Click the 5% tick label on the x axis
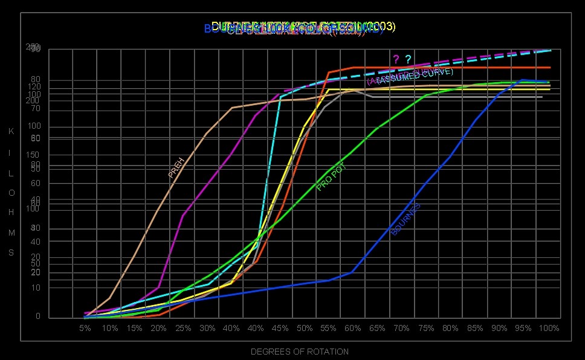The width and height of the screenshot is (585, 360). [85, 328]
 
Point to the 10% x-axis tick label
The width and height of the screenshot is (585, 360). [109, 328]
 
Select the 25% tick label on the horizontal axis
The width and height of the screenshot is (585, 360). [183, 328]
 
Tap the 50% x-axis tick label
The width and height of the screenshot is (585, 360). [305, 328]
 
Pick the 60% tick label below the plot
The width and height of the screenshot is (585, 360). [353, 328]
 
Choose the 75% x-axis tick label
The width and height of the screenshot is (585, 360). [426, 328]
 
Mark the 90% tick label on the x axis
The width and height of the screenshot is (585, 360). [499, 328]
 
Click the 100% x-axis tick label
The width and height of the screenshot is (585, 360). [549, 328]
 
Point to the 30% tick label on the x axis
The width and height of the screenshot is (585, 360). [207, 328]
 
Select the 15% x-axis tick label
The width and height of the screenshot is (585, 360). [134, 328]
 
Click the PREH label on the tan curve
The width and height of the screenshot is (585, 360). [176, 167]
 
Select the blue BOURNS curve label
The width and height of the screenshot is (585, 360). [406, 219]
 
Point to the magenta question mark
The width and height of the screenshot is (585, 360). [396, 59]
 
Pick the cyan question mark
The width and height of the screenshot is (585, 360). [408, 59]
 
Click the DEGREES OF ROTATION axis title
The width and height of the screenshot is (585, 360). [299, 352]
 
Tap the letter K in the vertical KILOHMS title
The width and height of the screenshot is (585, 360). [11, 131]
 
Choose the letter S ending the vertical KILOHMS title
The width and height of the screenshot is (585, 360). [11, 252]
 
